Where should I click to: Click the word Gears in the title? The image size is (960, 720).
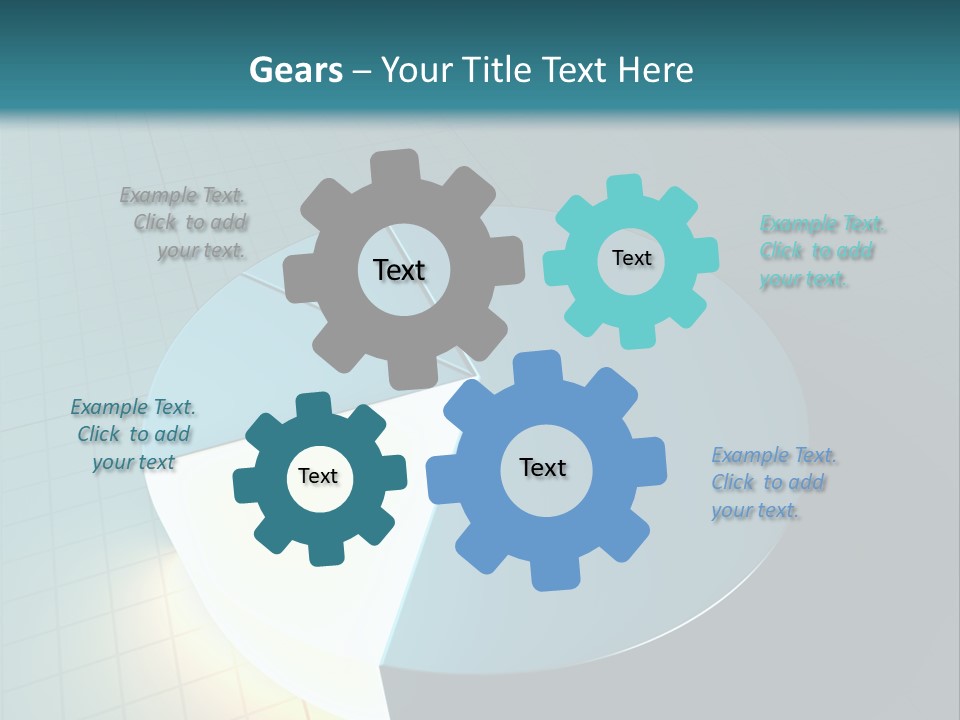(x=295, y=70)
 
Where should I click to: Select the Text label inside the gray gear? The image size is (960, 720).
(x=399, y=270)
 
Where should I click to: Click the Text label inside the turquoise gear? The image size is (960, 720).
(x=631, y=258)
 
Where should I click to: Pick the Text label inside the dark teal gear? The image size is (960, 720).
(x=318, y=476)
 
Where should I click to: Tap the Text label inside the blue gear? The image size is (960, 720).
(x=543, y=467)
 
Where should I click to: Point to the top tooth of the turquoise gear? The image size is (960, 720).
(x=624, y=189)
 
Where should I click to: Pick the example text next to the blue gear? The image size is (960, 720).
(x=772, y=482)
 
